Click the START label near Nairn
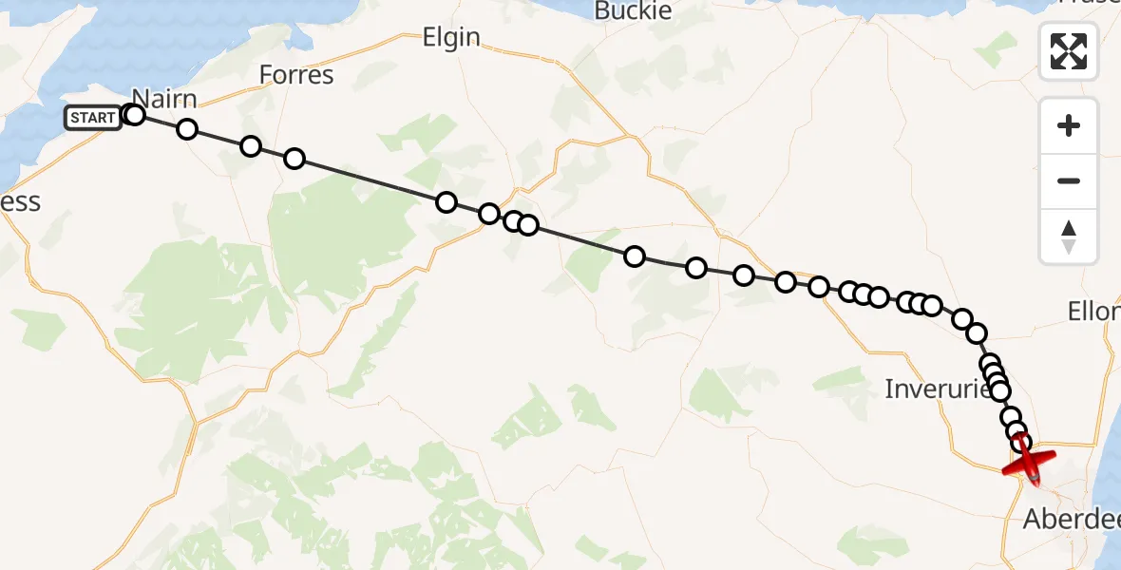(93, 118)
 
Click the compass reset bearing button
(1069, 237)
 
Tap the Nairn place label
(164, 99)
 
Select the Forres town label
(296, 75)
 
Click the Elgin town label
(451, 38)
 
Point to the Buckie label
(633, 11)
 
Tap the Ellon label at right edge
(1093, 311)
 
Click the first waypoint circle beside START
(134, 115)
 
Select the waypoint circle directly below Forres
(294, 158)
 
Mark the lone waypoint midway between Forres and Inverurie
(635, 256)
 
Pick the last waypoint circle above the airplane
(1021, 442)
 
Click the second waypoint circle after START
(187, 129)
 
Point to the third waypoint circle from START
(251, 145)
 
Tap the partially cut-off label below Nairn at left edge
(19, 202)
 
